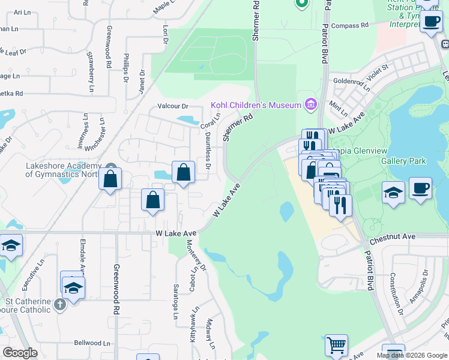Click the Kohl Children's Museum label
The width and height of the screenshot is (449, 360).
click(255, 105)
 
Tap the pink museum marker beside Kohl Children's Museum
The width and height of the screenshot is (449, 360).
click(310, 104)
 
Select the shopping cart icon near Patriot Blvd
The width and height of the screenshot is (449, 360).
click(336, 345)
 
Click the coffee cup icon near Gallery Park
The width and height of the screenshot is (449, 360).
click(420, 188)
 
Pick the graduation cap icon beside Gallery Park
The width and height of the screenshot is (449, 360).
click(393, 193)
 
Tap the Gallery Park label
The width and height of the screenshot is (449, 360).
click(403, 161)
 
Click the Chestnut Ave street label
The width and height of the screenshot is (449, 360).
click(393, 237)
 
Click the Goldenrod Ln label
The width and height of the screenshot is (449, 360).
click(349, 80)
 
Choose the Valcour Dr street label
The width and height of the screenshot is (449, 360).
click(173, 106)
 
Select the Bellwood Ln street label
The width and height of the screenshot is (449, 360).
click(93, 343)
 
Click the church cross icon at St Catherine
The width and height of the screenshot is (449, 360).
click(59, 305)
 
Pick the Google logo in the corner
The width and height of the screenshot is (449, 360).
click(20, 353)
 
